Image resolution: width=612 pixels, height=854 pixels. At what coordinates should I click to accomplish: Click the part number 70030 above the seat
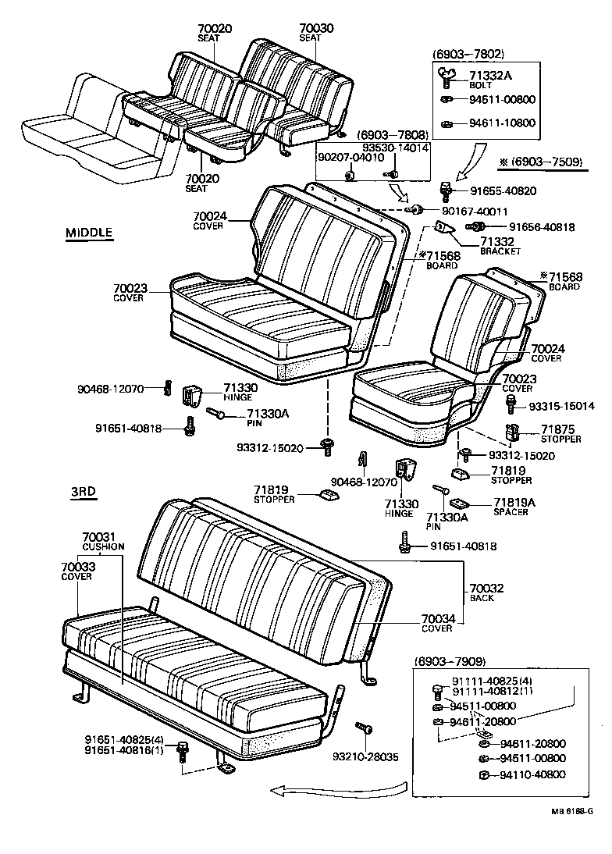[x=316, y=28]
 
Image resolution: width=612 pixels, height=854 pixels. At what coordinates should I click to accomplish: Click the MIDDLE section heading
[x=89, y=232]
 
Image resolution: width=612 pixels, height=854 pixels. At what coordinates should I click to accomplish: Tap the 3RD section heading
[x=83, y=491]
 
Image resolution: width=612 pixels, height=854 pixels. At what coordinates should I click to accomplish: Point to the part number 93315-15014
[x=561, y=406]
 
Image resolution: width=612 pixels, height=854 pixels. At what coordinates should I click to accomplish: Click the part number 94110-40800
[x=532, y=774]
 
